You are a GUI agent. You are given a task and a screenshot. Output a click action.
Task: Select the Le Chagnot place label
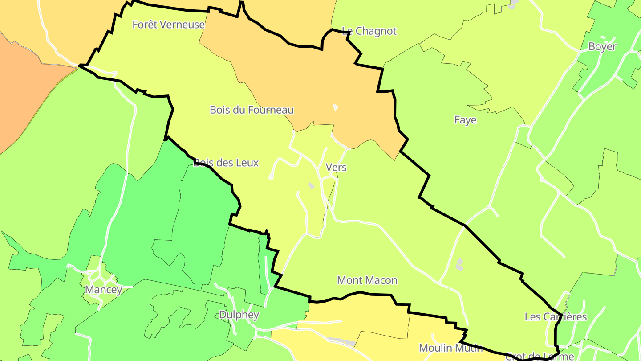369,31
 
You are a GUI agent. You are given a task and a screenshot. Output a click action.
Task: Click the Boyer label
602,47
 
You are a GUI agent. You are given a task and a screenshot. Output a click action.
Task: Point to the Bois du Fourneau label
252,110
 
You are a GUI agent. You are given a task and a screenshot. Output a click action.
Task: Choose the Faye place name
465,120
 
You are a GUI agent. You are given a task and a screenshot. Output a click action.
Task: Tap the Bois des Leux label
226,163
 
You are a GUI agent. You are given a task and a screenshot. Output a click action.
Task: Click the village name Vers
336,168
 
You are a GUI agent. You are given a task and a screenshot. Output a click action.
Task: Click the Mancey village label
103,290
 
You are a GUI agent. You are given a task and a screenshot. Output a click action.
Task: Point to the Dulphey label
239,315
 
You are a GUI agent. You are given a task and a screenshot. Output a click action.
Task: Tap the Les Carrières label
556,317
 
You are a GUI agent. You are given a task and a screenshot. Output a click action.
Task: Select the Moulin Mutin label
451,348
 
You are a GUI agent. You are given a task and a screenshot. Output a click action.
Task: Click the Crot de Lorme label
540,357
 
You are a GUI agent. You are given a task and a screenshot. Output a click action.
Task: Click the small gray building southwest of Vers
312,185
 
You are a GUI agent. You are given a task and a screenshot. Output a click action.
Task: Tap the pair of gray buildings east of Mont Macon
459,264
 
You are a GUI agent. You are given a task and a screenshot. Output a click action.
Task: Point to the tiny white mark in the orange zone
335,107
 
